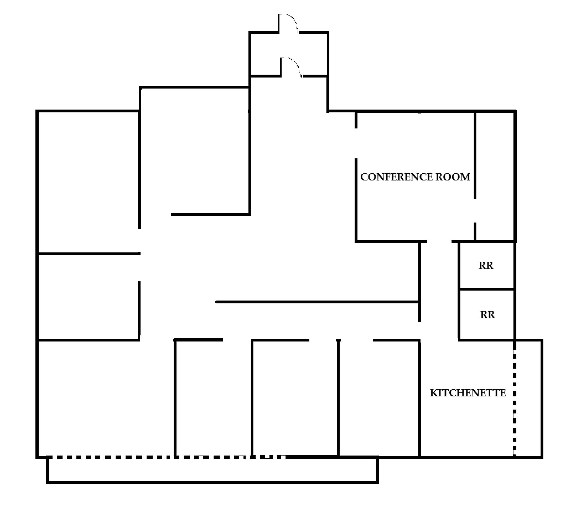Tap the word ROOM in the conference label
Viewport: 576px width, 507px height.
(453, 177)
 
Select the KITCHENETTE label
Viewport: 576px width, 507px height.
(468, 393)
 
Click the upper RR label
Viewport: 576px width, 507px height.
(486, 265)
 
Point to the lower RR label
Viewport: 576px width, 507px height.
(488, 315)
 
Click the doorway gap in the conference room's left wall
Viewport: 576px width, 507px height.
(356, 143)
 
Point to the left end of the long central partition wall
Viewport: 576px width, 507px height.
(216, 302)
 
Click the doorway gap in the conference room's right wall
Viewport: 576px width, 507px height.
(475, 211)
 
